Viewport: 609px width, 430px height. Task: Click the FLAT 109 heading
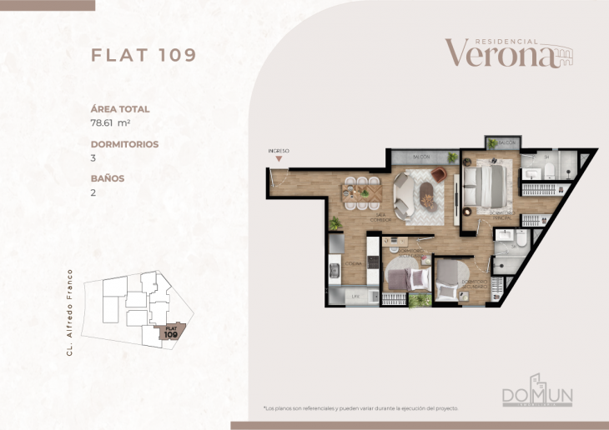click(x=143, y=55)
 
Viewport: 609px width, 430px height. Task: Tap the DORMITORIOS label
click(x=124, y=143)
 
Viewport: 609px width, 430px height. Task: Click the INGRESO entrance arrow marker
click(x=279, y=156)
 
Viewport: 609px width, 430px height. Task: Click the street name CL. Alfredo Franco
click(x=70, y=312)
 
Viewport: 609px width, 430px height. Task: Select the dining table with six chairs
click(x=360, y=191)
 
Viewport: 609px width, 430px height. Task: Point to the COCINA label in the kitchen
click(x=355, y=266)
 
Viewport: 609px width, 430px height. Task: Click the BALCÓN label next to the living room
click(x=421, y=157)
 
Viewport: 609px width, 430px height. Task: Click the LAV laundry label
click(x=355, y=296)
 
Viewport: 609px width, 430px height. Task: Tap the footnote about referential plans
click(x=360, y=408)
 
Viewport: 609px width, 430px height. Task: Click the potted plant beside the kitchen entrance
click(x=335, y=222)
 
